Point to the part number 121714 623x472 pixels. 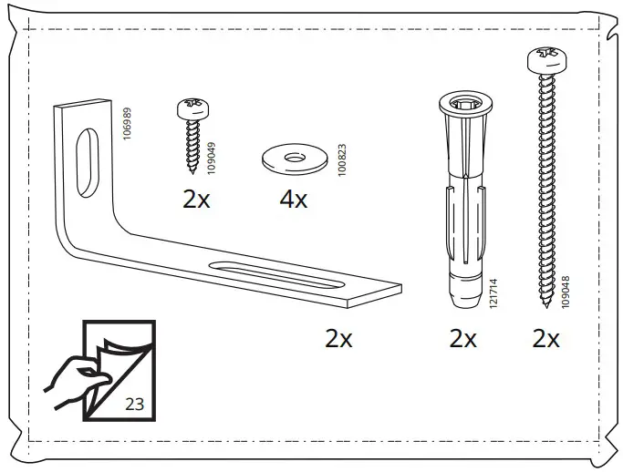coord(493,295)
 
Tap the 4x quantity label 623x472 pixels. coord(293,200)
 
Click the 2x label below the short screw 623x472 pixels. coord(196,200)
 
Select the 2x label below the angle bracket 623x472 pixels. coord(338,339)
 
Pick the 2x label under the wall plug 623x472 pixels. coord(462,339)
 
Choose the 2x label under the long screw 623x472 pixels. coord(545,339)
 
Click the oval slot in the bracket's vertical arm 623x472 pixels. coord(85,162)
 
